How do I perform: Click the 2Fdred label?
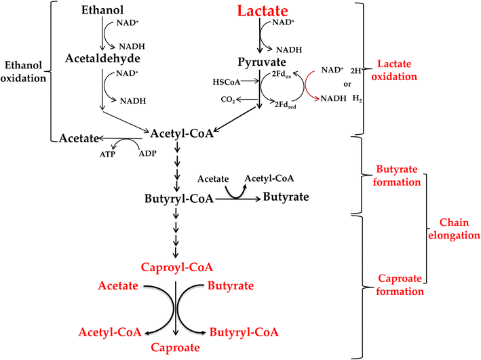[x=284, y=103]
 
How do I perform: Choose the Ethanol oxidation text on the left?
[x=25, y=71]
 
